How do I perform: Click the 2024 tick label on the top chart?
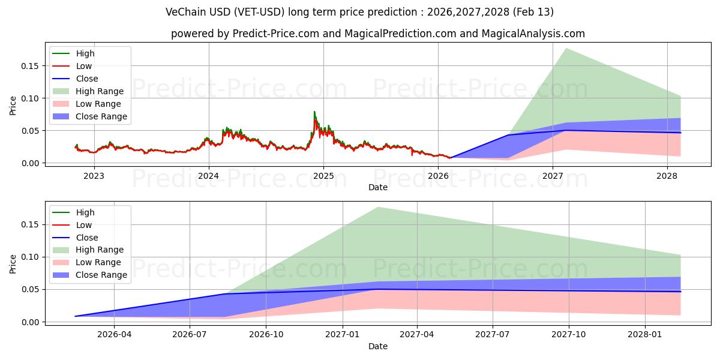(x=209, y=176)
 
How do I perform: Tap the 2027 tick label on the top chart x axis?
(x=553, y=176)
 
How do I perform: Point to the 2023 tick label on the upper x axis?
(x=94, y=176)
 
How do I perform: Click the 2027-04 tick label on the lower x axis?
(x=417, y=335)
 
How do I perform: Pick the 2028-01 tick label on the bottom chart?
(x=645, y=335)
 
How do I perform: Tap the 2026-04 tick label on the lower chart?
(x=114, y=335)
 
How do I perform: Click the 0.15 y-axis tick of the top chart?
(x=30, y=66)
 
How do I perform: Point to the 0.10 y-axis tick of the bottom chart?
(x=30, y=257)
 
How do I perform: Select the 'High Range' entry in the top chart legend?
(x=99, y=91)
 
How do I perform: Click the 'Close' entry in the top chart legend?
(x=87, y=79)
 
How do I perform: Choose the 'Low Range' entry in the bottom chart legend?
(x=98, y=262)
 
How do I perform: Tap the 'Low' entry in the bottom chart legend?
(x=84, y=225)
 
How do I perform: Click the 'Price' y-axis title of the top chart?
(x=13, y=106)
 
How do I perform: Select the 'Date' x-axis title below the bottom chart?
(x=378, y=346)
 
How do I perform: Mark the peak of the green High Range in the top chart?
(x=566, y=48)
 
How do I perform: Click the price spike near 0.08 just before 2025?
(x=314, y=112)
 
